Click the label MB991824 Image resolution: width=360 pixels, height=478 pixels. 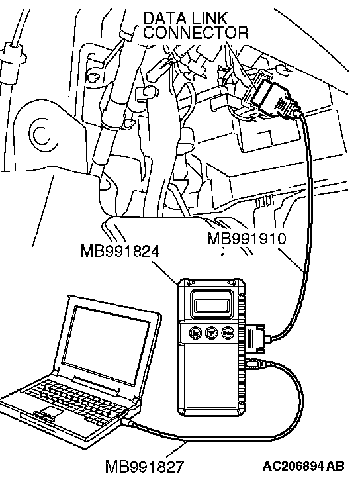120,252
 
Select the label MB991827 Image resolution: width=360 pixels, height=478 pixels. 144,467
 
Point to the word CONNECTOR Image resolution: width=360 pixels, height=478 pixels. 196,32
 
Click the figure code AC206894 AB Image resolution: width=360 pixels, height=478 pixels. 304,466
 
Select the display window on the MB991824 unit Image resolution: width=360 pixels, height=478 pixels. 212,305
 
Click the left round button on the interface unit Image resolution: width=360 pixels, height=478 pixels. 195,333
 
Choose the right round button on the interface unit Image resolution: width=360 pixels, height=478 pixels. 227,333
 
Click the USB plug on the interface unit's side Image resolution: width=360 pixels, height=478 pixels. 257,364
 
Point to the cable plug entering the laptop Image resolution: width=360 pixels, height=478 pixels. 128,422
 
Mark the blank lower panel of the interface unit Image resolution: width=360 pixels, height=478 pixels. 212,377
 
